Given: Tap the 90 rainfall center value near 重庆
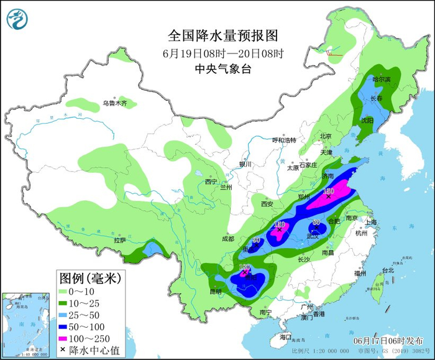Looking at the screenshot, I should tap(256, 240).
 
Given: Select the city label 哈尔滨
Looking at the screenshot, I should tap(382, 80).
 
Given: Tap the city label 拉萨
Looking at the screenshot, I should tap(119, 240).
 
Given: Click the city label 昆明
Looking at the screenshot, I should tap(215, 291).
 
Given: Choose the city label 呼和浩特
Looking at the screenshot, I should tap(285, 140).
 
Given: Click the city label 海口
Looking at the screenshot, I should tap(285, 336).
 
